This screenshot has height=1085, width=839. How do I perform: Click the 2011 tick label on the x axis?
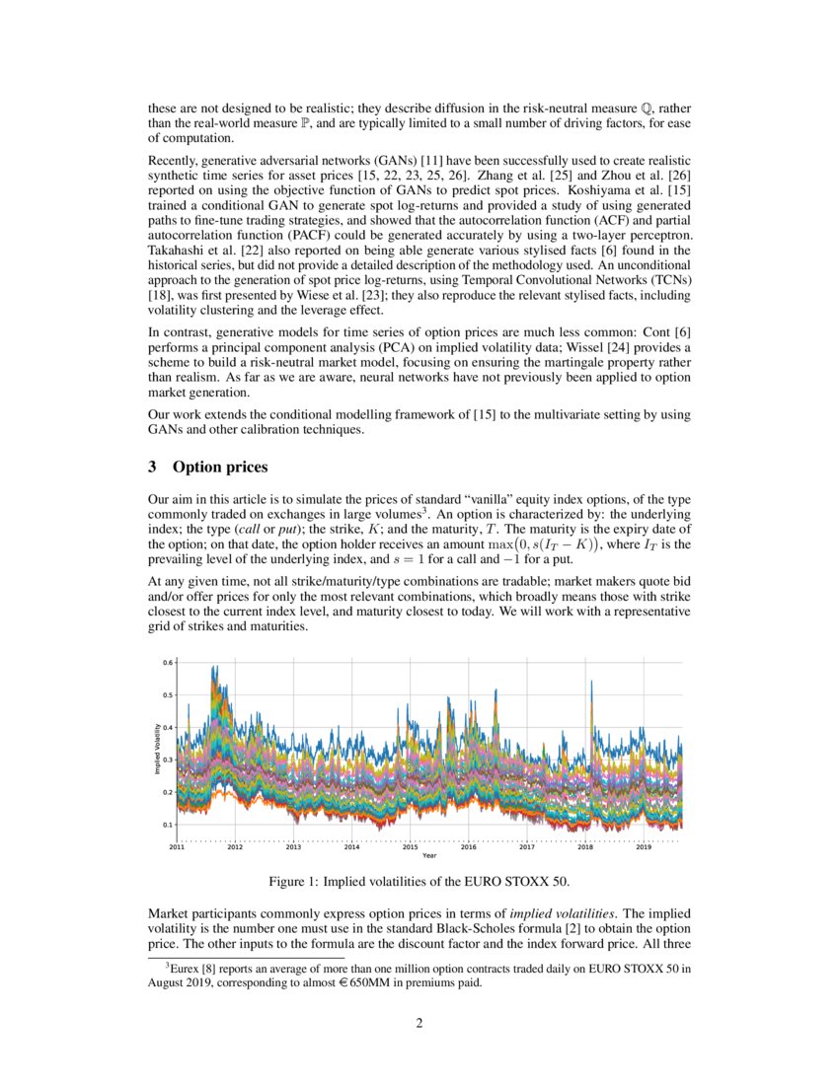tap(177, 846)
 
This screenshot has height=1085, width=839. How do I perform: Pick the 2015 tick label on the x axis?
tap(410, 846)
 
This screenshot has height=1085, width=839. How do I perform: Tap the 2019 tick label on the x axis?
tap(643, 846)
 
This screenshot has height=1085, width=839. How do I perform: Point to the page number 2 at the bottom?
tap(419, 1023)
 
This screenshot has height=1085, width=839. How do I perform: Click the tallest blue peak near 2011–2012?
tap(213, 668)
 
